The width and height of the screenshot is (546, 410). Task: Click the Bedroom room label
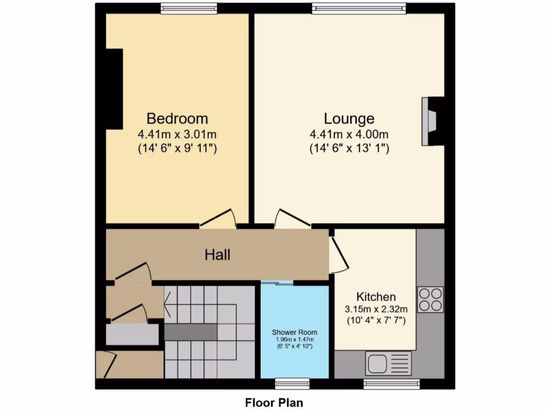(177, 119)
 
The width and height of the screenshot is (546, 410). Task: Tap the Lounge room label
(349, 119)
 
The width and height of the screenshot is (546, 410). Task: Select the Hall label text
(218, 255)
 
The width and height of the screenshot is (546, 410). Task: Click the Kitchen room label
(376, 297)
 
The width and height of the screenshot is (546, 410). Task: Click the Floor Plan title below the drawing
(274, 402)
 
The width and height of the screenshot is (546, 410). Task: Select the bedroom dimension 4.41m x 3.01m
(177, 134)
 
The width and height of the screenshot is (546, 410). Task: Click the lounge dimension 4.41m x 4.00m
(349, 134)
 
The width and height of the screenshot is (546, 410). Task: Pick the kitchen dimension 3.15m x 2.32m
(376, 309)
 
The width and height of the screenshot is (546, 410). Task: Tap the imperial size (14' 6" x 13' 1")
(349, 148)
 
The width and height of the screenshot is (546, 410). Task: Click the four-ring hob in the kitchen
(430, 299)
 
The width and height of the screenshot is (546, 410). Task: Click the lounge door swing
(291, 218)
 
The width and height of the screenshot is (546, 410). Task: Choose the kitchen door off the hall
(338, 255)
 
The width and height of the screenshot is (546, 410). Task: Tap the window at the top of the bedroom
(189, 8)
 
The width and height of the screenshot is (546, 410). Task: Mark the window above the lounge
(359, 8)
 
